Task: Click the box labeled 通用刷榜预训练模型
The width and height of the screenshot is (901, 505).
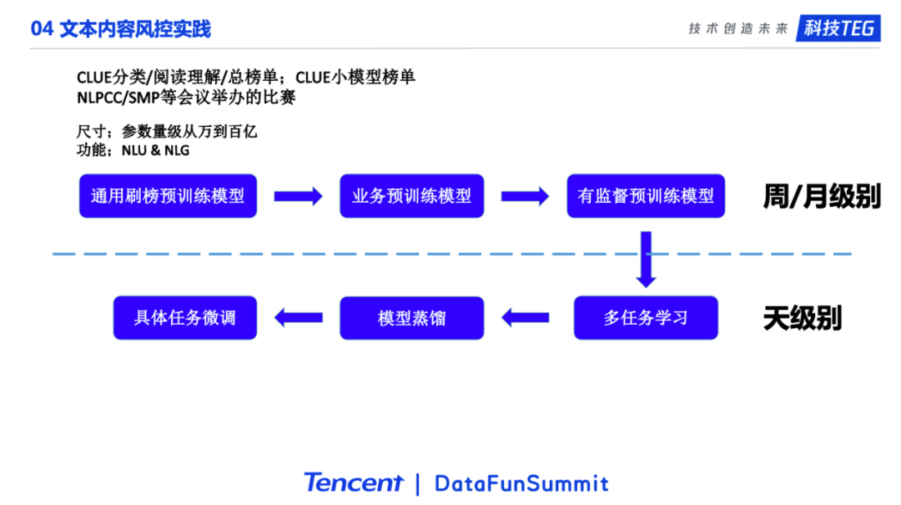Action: tap(168, 196)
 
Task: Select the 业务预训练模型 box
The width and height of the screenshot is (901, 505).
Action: tap(411, 196)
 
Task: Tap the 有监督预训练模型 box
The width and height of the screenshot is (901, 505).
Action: tap(646, 196)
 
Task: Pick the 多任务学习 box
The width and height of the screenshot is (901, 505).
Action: tap(646, 318)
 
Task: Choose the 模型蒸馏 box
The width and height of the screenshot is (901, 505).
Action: tap(411, 318)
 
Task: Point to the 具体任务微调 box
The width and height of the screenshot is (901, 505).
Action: tap(184, 318)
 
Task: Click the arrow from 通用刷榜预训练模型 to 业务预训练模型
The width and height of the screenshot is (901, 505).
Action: tap(298, 197)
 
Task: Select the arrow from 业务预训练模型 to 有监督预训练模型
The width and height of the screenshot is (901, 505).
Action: tap(525, 197)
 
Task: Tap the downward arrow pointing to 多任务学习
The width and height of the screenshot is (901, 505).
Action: tap(646, 258)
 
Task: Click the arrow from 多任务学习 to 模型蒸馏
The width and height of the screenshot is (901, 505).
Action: tap(525, 317)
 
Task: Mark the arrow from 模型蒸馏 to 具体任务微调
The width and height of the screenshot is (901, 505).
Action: tap(298, 317)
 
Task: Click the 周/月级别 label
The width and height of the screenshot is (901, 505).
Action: tap(821, 197)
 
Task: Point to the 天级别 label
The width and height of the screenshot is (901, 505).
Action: tap(802, 318)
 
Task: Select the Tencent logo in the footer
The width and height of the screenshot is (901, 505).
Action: tap(354, 482)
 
